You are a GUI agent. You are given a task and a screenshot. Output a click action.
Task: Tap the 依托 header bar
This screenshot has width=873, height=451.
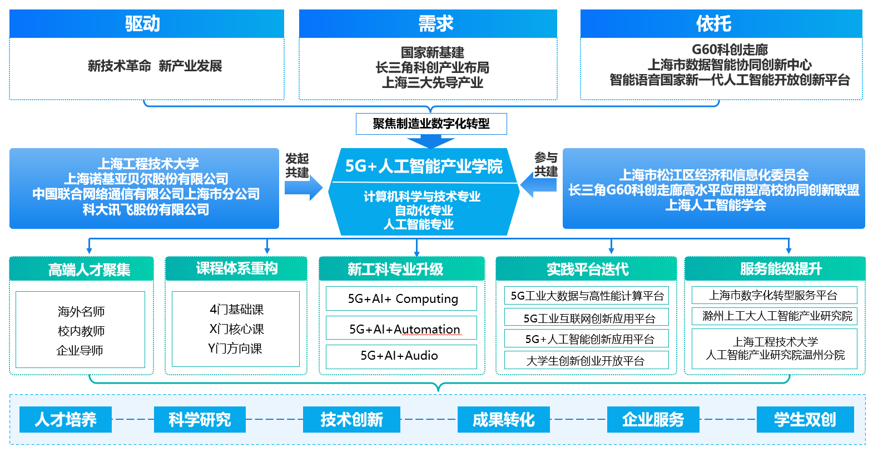(721, 24)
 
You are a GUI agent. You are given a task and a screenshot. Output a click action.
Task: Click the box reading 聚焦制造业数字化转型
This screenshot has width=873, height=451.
(431, 124)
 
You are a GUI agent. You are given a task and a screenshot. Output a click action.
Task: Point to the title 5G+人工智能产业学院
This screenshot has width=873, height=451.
(424, 166)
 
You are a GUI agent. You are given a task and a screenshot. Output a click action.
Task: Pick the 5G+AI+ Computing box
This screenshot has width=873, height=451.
(401, 298)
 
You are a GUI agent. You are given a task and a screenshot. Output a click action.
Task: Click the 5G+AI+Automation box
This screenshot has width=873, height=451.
(401, 329)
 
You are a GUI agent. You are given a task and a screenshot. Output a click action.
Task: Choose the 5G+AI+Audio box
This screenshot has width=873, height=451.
(401, 356)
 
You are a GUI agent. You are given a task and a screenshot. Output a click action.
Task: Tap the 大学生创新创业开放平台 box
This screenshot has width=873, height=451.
(586, 361)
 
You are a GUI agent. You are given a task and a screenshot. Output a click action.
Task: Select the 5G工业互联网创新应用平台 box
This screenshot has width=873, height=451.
(586, 318)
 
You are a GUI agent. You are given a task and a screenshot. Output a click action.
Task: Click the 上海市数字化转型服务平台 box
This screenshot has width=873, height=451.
(774, 295)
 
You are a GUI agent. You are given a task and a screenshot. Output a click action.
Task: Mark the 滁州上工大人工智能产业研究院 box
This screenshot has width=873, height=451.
(774, 316)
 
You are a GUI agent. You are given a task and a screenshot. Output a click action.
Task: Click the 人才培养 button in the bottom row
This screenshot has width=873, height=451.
(66, 419)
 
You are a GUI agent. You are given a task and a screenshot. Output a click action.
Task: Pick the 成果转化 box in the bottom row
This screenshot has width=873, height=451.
(503, 419)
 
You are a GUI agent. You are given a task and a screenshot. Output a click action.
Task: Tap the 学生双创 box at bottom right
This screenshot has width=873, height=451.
(805, 419)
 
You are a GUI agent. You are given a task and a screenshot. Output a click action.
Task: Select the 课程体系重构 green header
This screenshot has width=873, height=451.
(236, 269)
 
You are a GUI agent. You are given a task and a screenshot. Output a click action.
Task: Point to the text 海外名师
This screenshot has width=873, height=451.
(81, 311)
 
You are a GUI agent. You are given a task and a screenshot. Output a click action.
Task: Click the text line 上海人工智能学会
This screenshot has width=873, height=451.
(715, 205)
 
